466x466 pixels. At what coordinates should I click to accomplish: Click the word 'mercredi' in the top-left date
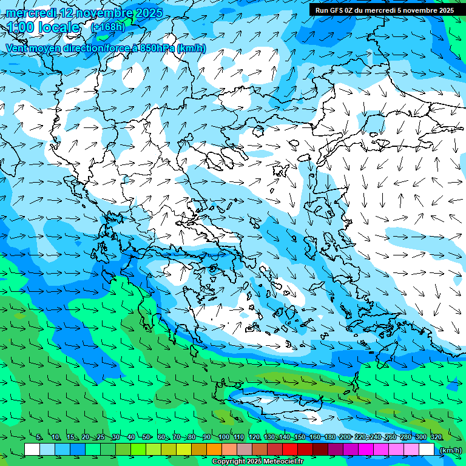31,13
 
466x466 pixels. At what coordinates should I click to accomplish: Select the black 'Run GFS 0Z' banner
385,10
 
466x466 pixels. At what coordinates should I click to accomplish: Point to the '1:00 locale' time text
43,28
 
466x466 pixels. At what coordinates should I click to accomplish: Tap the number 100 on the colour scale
223,437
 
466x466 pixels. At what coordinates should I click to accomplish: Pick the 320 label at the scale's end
436,437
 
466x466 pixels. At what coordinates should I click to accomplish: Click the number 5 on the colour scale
39,437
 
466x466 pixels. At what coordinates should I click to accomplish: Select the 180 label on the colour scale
329,437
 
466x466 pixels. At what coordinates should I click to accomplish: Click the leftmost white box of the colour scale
32,450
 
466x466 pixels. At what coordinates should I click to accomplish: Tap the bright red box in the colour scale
290,450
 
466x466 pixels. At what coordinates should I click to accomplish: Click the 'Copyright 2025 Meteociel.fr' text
257,462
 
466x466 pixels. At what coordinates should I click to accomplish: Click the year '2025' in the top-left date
148,13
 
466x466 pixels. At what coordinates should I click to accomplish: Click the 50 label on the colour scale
146,437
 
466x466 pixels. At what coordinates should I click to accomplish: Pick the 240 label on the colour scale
375,437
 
